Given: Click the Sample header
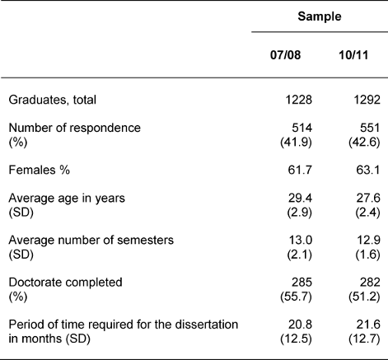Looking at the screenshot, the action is click(x=320, y=16).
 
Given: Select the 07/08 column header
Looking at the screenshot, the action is click(x=285, y=55).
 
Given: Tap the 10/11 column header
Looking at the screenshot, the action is click(x=353, y=55).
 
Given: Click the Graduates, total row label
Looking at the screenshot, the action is click(x=53, y=100).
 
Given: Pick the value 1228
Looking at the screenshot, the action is click(x=299, y=100).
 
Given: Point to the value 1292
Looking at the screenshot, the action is click(x=367, y=100).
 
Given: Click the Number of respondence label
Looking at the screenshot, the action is click(x=75, y=128).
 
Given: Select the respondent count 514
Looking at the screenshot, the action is click(x=302, y=128).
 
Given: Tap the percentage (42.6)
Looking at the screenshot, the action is click(x=364, y=143).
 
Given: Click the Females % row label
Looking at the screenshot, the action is click(x=40, y=170).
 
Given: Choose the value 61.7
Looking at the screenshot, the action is click(x=300, y=170).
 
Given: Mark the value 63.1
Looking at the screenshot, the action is click(x=368, y=170).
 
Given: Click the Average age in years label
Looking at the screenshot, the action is click(x=67, y=199).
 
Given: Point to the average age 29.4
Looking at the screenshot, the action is click(x=300, y=198).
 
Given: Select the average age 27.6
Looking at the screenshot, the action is click(x=368, y=198).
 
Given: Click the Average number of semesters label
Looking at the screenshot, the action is click(x=91, y=241).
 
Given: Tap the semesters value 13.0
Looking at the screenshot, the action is click(x=300, y=241).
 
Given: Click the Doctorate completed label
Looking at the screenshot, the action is click(x=65, y=283).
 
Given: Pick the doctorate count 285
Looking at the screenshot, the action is click(x=302, y=283).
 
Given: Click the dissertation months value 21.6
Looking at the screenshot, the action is click(x=368, y=325).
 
